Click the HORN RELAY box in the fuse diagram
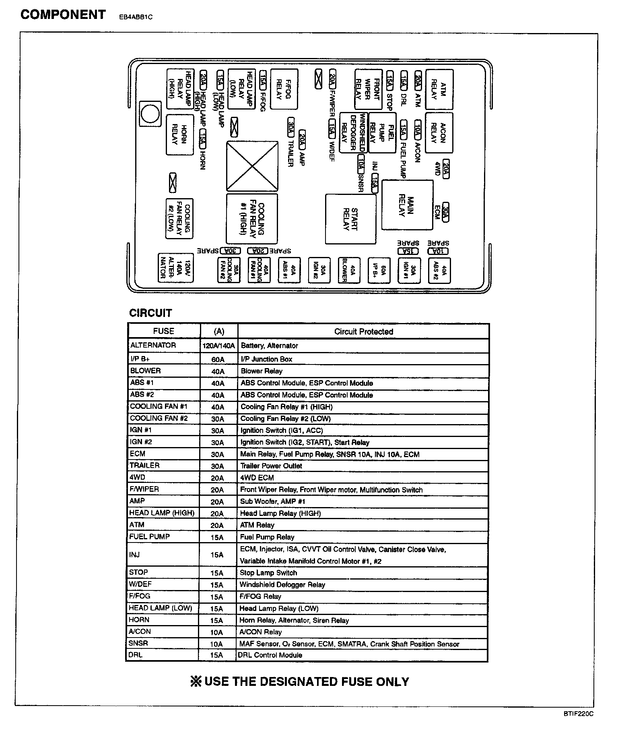click(179, 134)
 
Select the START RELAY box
click(350, 219)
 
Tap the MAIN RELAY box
click(407, 205)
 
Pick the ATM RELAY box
click(439, 90)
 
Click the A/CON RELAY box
click(439, 133)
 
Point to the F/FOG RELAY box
click(284, 89)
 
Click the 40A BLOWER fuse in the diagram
click(348, 269)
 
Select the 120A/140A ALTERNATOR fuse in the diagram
click(175, 267)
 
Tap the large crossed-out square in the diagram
click(252, 166)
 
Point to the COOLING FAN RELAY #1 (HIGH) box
click(252, 219)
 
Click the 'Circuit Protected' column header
click(363, 331)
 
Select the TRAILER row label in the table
click(144, 465)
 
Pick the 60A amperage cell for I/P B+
click(218, 359)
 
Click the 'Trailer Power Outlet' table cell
click(271, 466)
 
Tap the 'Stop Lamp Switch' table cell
click(268, 573)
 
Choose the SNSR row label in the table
click(138, 643)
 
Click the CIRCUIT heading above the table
click(150, 313)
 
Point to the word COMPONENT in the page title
click(63, 15)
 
